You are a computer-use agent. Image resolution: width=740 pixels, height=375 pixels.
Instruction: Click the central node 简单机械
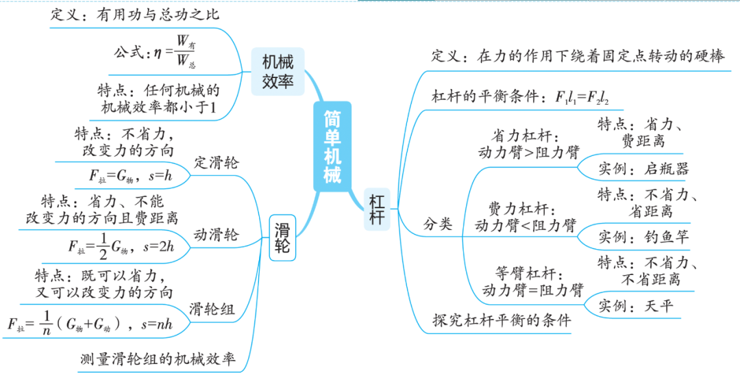(x=332, y=147)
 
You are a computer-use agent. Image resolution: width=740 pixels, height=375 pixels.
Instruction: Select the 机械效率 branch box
(x=277, y=72)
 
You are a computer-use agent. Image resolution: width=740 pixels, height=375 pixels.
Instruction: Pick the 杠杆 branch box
(x=376, y=209)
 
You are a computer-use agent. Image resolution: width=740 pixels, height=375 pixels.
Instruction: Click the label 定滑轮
(x=217, y=163)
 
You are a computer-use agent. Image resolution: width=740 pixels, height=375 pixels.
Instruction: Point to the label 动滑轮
(x=217, y=235)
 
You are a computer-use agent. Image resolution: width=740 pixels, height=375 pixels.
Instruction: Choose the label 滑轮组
(x=212, y=309)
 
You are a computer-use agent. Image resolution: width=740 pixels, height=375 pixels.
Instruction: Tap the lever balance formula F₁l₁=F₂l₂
(x=582, y=96)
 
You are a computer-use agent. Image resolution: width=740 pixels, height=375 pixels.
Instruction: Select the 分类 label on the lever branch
(x=438, y=223)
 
